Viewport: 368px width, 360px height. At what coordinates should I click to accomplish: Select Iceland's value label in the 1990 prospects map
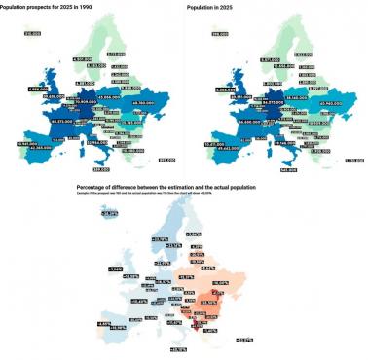point(31,33)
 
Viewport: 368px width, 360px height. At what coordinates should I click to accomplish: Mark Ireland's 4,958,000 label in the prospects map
point(38,89)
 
